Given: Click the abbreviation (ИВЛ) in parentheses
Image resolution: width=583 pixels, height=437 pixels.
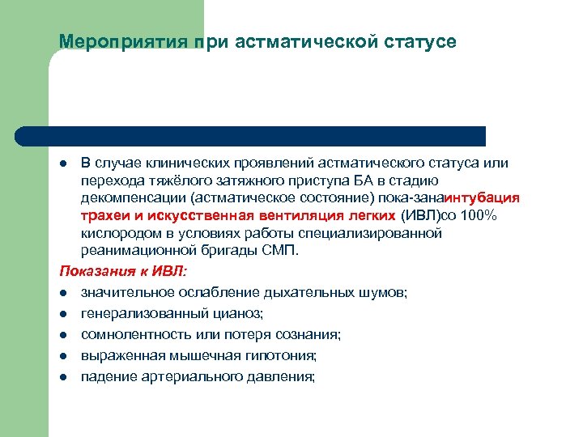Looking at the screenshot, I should point(419,216).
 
